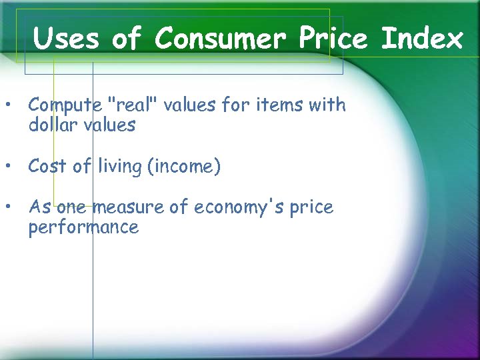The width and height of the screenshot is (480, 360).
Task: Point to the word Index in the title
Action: point(422,39)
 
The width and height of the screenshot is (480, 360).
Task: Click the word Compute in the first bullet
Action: point(65,105)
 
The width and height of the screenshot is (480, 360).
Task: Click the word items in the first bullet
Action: point(280,105)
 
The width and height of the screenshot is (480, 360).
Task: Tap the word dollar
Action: point(53,125)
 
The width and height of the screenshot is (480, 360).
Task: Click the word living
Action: point(120,166)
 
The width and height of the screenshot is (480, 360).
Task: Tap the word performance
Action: point(83,228)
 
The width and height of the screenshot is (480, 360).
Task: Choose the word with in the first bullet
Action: point(327,105)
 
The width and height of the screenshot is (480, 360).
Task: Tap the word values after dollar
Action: point(109,125)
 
